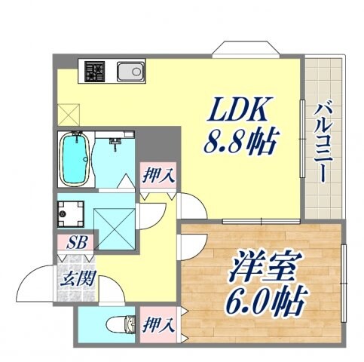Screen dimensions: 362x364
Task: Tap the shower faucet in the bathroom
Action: [x=115, y=143]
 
